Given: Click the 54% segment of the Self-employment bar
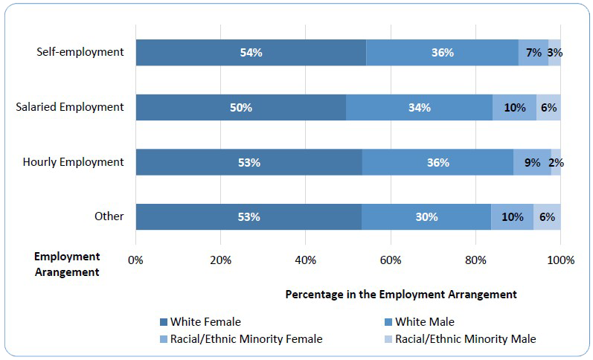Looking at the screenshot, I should pos(251,53).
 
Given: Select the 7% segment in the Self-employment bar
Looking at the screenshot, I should pos(533,53).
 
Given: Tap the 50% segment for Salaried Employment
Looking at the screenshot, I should pos(241,107).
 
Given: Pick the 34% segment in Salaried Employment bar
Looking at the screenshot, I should pos(419,107).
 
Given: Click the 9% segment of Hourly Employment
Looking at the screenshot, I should pos(532,162).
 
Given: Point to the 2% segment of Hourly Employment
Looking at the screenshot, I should pos(556,162).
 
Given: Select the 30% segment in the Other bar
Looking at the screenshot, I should pos(426,217).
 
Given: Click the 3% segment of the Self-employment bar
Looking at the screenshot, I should pos(555,53).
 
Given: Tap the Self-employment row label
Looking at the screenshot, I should pos(80,52).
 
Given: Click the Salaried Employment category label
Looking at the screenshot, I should pos(70,106).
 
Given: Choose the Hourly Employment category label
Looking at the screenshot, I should pos(73,161).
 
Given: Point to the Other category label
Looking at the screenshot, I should pos(109,216).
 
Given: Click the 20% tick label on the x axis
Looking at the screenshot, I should pos(220,260).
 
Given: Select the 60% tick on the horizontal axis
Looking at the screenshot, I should pos(391,260).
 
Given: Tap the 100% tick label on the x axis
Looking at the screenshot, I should pos(560,260).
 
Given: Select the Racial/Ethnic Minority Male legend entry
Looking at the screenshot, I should pos(459,339).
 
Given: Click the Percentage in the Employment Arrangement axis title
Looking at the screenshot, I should pos(400,294).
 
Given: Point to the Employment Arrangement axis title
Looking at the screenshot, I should pos(67,264).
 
